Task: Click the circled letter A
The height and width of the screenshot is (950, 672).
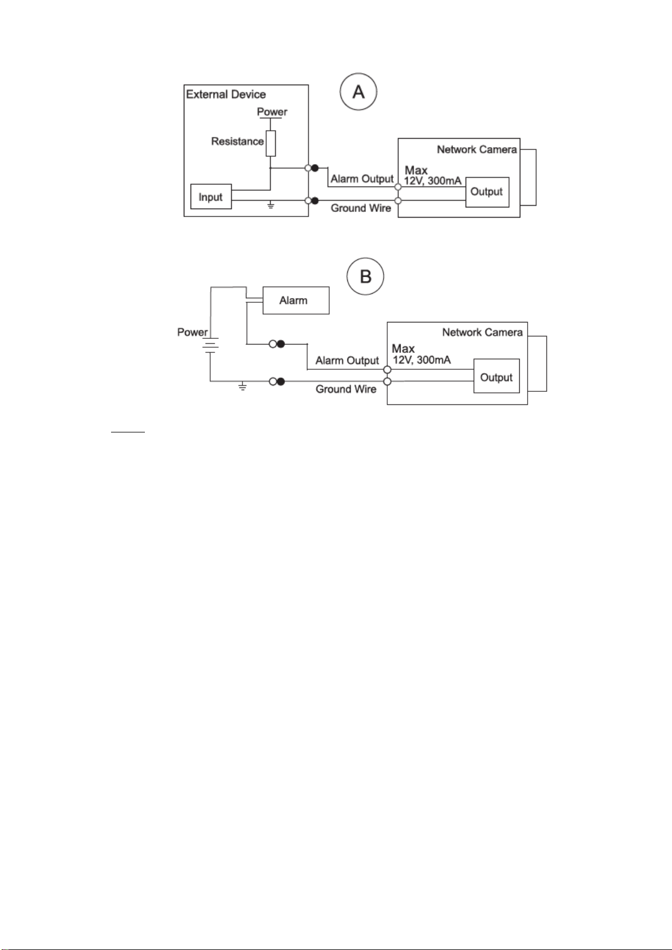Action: [358, 91]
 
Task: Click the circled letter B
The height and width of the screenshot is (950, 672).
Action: [365, 276]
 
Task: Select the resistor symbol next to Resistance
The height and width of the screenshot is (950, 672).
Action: [271, 143]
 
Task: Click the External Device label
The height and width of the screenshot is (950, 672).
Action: [226, 94]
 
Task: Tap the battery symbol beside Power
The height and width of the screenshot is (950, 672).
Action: [210, 345]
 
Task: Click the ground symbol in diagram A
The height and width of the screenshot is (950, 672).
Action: [271, 205]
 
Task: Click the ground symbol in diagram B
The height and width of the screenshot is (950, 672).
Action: [242, 386]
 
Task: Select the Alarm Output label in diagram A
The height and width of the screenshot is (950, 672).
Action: [362, 179]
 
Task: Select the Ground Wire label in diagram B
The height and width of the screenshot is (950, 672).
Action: [346, 389]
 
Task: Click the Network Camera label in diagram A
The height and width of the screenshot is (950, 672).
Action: [477, 149]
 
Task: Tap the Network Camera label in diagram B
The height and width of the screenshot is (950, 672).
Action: [483, 332]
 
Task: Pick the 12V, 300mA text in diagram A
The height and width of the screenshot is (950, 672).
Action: [432, 181]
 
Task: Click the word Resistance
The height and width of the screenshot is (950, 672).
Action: [237, 141]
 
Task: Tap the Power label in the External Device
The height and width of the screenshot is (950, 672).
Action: [272, 112]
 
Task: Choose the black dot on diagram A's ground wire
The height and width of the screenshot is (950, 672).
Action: [315, 201]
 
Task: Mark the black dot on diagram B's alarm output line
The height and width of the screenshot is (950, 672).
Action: [281, 344]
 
